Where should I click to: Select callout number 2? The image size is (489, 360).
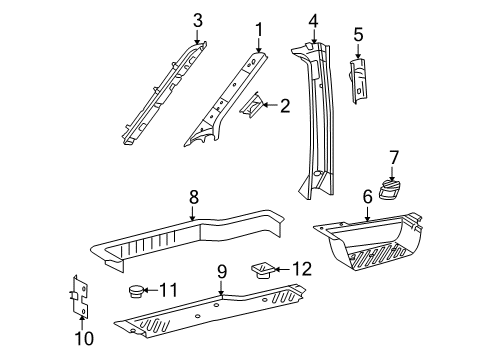285,104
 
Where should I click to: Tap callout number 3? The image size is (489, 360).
197,19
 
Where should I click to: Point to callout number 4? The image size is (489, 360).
313,19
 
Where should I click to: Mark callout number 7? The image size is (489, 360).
394,157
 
